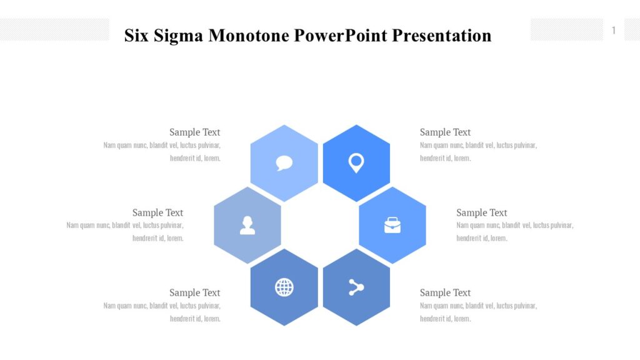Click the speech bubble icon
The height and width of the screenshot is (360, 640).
[284, 163]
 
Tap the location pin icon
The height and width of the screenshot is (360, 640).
[356, 163]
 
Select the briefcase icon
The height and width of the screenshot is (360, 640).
[392, 225]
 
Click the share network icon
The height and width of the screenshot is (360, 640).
[356, 287]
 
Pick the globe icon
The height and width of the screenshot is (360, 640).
[284, 287]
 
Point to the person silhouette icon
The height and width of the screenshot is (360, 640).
[247, 225]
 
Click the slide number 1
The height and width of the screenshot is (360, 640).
[614, 31]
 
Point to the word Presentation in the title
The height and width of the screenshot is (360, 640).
[442, 36]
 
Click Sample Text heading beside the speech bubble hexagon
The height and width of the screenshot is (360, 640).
[195, 132]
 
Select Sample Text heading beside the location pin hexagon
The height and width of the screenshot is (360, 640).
[445, 132]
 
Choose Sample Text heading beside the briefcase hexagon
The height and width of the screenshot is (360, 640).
[482, 212]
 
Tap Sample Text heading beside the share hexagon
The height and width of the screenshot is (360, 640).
[445, 292]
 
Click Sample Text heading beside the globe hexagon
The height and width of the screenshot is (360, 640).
[195, 292]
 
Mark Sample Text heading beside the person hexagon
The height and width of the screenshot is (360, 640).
[157, 212]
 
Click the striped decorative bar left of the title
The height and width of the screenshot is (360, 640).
[54, 29]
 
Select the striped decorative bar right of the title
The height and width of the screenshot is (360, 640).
[566, 29]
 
